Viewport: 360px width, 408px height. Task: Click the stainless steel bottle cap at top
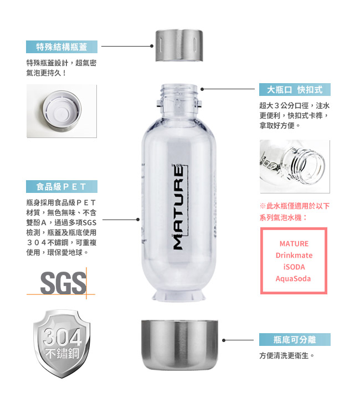tap(179, 45)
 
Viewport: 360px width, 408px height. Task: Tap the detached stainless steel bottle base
tap(179, 345)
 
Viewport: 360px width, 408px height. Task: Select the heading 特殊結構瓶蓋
tap(61, 47)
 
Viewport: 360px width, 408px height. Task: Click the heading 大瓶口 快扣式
tap(295, 89)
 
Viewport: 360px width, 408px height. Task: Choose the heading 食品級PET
tap(61, 187)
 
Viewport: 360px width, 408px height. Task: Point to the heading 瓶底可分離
tap(295, 340)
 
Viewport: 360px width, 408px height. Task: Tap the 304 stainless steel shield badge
tap(62, 344)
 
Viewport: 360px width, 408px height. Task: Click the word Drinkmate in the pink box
tap(294, 255)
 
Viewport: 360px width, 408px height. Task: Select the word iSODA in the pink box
tap(294, 267)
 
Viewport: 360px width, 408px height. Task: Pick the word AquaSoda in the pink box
tap(293, 279)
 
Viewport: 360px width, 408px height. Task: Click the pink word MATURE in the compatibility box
tap(294, 243)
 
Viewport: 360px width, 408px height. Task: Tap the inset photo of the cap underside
tap(61, 111)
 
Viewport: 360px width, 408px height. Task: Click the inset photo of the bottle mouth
tap(295, 166)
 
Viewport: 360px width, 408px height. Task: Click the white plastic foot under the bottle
tap(178, 296)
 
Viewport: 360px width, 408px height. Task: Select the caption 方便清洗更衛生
tap(287, 355)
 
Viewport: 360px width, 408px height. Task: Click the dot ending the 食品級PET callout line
tap(138, 220)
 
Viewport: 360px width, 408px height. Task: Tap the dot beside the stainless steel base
tap(224, 340)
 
